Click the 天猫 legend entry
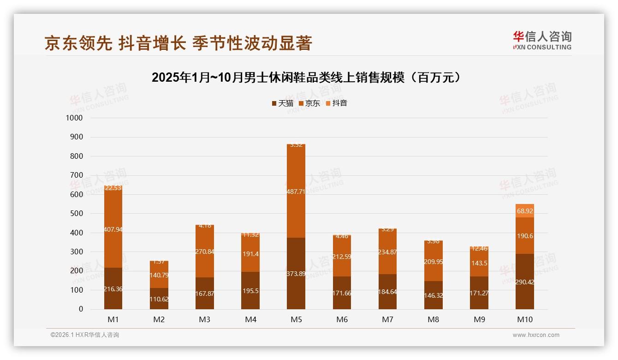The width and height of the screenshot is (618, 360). point(282,103)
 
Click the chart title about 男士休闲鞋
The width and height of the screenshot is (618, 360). point(306,78)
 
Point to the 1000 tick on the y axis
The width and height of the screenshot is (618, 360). point(74,118)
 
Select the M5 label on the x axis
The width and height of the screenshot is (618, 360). point(296,319)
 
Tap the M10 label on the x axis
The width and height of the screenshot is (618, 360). point(525,319)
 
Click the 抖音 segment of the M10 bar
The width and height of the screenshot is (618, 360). point(525,210)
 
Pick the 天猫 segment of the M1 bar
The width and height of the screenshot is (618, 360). point(113,288)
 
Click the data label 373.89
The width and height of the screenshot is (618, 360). point(296,286)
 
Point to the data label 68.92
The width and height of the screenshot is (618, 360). point(525,211)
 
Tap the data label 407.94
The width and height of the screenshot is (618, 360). point(113,229)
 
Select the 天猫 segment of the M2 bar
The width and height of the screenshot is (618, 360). point(159,299)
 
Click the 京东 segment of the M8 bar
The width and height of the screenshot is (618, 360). point(434,261)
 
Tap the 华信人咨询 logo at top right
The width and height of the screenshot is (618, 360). point(542,40)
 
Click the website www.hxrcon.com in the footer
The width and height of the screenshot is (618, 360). point(536,335)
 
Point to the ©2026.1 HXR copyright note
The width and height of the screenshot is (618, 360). point(85,335)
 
